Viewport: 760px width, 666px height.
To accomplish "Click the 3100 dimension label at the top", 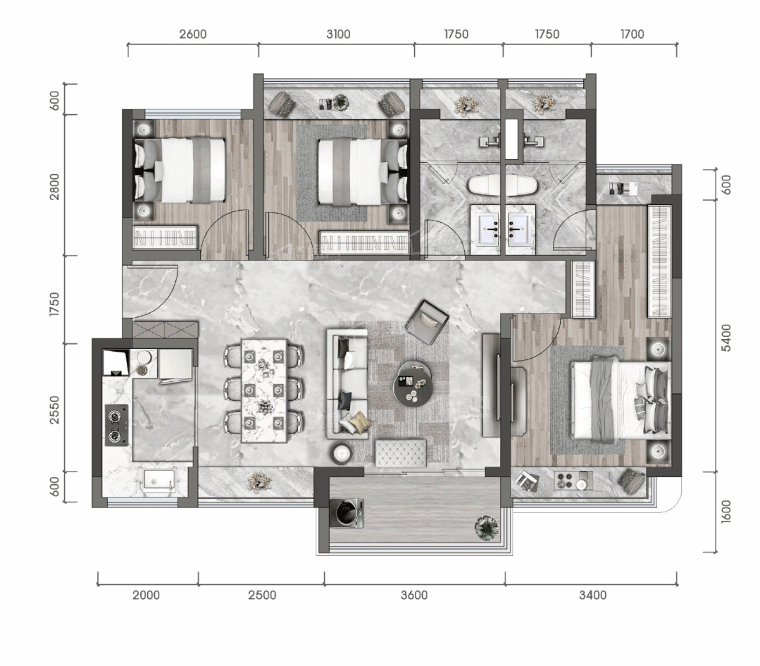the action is [338, 34].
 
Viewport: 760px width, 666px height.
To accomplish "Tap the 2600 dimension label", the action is [192, 34].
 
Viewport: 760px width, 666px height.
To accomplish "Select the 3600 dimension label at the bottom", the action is [414, 595].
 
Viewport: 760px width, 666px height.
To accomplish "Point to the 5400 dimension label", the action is [725, 338].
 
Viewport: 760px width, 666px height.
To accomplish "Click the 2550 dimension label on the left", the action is [54, 410].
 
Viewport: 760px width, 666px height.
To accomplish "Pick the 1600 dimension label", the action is [725, 511].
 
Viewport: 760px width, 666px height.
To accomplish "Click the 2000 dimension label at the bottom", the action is [146, 595].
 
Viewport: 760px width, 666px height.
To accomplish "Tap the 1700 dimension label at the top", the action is [632, 34].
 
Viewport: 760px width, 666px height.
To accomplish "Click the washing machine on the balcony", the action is [347, 513].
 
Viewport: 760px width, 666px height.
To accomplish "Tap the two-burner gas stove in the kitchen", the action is [116, 425].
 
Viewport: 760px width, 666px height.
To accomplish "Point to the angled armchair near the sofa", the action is [427, 322].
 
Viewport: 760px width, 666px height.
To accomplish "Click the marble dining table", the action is [264, 390].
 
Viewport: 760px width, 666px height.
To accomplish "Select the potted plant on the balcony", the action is [487, 526].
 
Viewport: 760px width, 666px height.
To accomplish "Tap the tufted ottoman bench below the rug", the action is [401, 453].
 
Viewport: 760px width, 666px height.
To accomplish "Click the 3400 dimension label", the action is [592, 595].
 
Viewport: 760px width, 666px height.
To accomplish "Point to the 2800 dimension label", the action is [54, 186].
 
